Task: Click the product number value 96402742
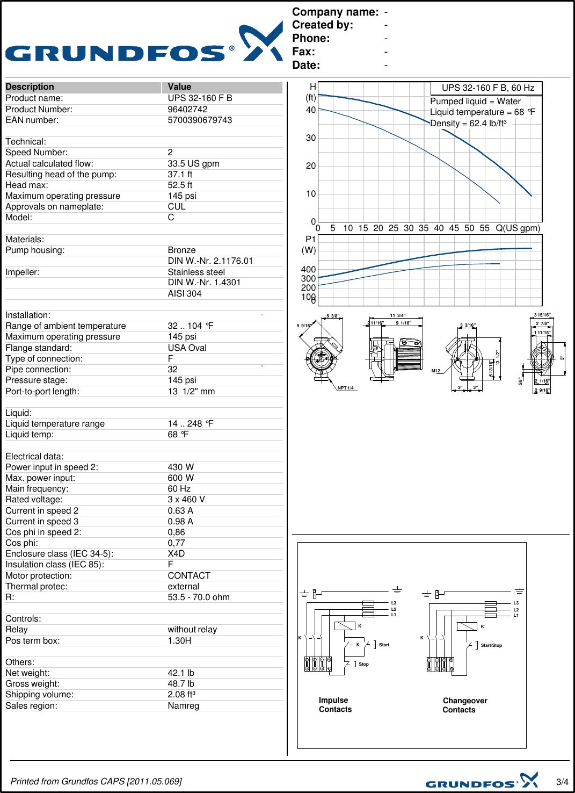click(x=187, y=109)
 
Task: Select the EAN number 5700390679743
click(x=200, y=120)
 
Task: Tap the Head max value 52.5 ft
click(x=180, y=185)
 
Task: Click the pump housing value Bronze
click(x=181, y=250)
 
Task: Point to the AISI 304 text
click(x=185, y=293)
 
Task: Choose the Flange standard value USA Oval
click(x=187, y=348)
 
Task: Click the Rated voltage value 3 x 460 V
click(x=186, y=499)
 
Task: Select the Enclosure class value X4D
click(x=176, y=553)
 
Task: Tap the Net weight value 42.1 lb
click(x=181, y=673)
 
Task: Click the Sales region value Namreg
click(x=183, y=705)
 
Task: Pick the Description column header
click(x=30, y=86)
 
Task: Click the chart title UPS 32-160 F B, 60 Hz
click(x=487, y=88)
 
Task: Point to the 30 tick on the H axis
click(x=310, y=138)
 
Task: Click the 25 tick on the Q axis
click(x=393, y=228)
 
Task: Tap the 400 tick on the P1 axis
click(x=308, y=269)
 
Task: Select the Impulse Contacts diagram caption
click(x=335, y=704)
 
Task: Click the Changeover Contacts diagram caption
click(x=464, y=705)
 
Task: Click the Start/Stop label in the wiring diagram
click(x=491, y=645)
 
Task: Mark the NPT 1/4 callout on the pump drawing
click(x=345, y=388)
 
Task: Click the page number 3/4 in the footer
click(x=562, y=782)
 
